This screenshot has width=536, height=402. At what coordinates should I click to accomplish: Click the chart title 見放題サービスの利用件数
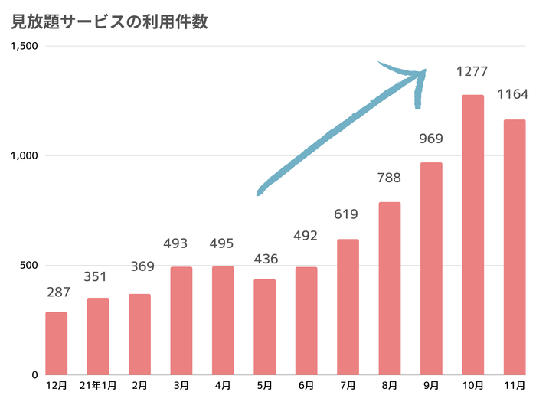tap(109, 21)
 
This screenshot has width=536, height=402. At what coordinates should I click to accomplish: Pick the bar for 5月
tap(265, 327)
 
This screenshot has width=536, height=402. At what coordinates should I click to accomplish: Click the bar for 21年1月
tap(98, 336)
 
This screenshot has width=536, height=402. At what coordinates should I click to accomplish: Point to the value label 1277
tap(472, 72)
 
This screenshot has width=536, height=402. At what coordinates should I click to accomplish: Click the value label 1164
tap(514, 96)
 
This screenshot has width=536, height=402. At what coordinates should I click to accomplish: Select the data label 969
tap(431, 139)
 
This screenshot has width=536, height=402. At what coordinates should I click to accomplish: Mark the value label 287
tap(57, 292)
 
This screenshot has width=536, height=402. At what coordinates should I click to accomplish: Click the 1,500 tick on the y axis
tap(25, 46)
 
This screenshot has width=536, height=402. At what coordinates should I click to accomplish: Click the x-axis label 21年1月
tap(98, 386)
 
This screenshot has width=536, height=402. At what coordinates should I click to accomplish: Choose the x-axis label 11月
tap(514, 386)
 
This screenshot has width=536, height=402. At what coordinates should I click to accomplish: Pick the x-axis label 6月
tap(306, 386)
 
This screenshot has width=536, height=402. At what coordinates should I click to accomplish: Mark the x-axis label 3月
tap(181, 386)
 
